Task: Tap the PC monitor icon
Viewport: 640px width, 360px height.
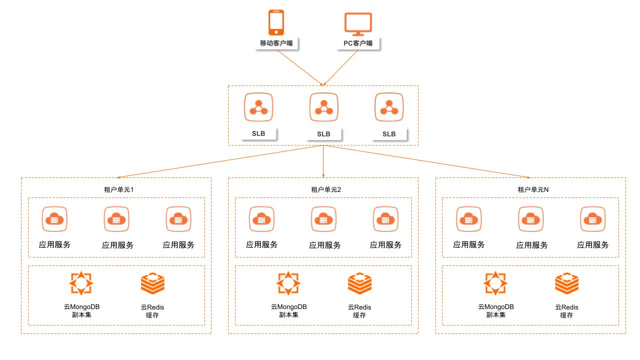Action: pos(358,23)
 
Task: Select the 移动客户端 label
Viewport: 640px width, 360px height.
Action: pos(276,43)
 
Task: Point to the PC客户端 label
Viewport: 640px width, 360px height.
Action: pos(358,43)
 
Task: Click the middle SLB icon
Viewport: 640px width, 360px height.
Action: pos(323,107)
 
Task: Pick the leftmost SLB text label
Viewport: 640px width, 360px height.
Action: pos(258,133)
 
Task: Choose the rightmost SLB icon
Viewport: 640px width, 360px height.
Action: pos(389,107)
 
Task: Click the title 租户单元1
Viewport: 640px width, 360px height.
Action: pos(115,189)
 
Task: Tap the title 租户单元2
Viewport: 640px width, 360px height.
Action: pos(323,189)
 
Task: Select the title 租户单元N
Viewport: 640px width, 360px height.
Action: pos(530,189)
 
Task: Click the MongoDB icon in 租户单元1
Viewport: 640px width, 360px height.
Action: pos(81,283)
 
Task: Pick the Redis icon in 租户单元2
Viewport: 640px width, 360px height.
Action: pos(359,283)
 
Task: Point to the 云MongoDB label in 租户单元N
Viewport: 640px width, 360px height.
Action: pos(495,306)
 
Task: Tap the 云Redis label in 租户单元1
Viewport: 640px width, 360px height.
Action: pos(152,306)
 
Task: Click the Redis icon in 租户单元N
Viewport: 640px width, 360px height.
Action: pos(566,283)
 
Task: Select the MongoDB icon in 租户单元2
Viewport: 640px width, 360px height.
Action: pos(288,283)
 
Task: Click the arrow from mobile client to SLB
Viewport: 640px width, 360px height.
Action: pos(300,68)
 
